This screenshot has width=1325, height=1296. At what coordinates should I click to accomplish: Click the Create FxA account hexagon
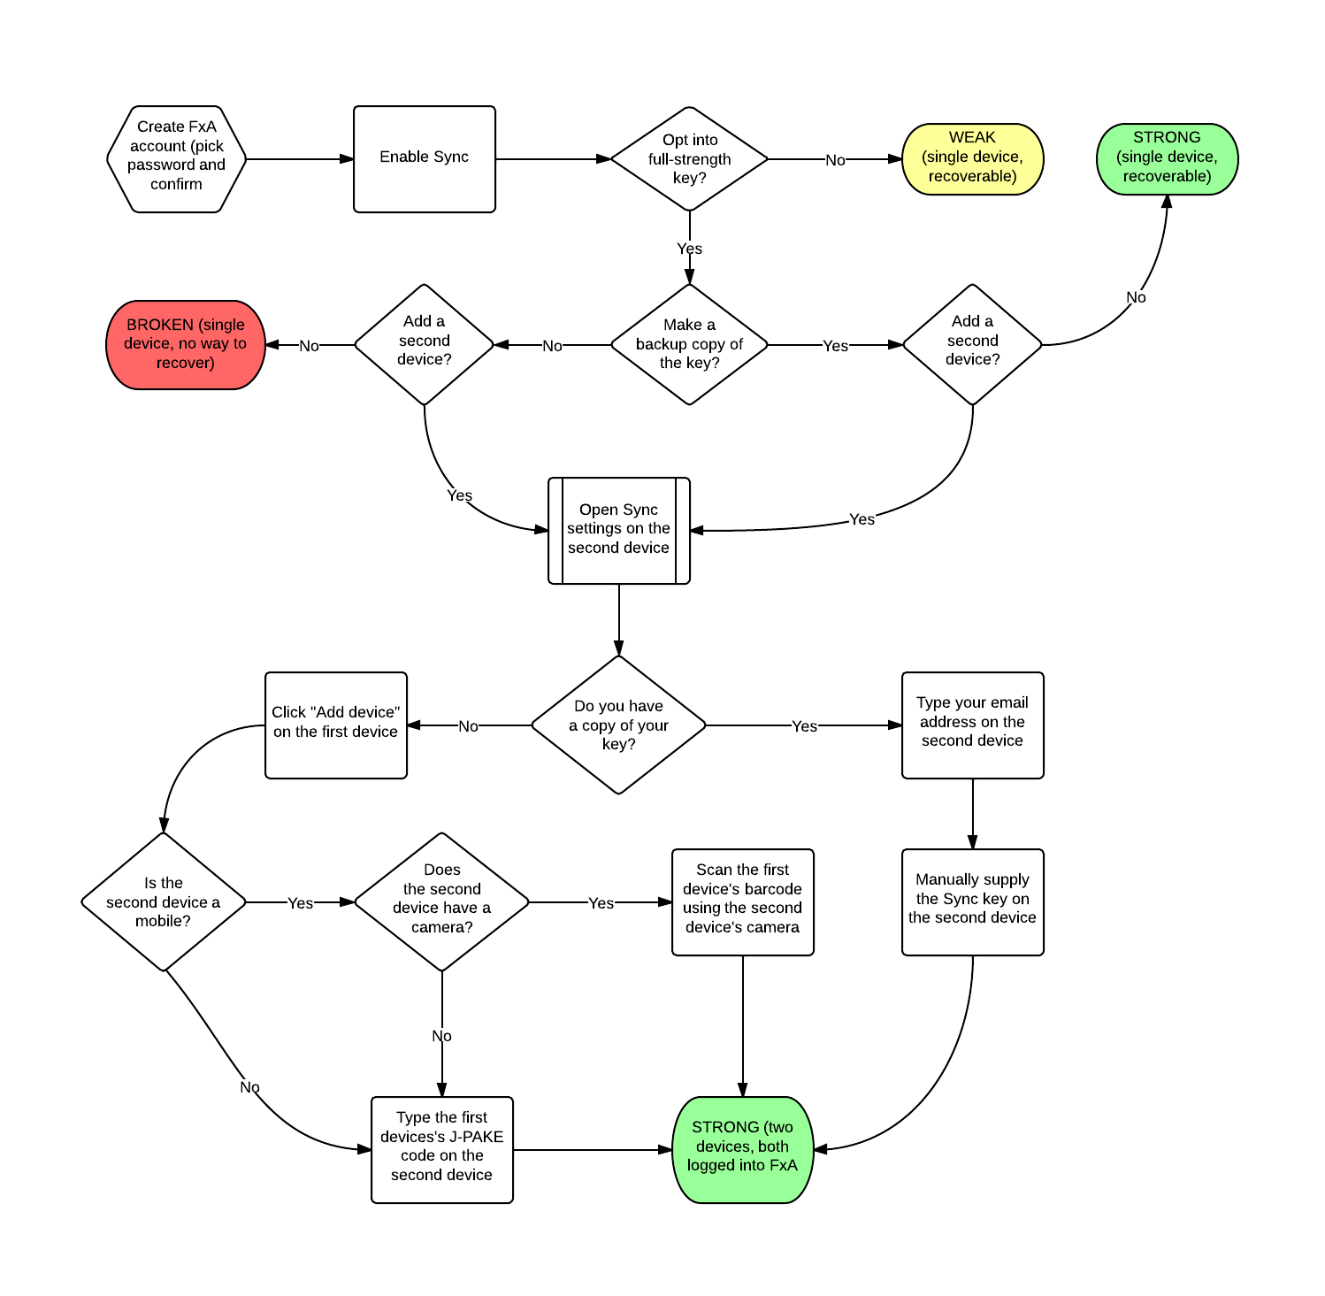[177, 159]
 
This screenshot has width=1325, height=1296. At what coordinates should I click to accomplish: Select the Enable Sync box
[425, 159]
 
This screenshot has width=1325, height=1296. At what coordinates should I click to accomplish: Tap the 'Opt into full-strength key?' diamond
[690, 159]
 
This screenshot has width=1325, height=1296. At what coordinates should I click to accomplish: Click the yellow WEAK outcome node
[973, 159]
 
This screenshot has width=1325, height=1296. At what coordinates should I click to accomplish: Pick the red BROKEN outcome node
[186, 345]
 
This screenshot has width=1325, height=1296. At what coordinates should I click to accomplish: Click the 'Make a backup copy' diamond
[690, 345]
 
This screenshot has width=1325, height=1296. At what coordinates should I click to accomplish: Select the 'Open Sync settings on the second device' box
[619, 531]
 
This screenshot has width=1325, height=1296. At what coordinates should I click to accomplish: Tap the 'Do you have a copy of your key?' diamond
[619, 725]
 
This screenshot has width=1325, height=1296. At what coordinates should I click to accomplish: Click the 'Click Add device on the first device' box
[336, 725]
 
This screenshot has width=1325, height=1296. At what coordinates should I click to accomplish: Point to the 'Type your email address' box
[973, 725]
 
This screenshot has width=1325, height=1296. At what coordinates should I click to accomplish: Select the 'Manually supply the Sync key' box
[973, 902]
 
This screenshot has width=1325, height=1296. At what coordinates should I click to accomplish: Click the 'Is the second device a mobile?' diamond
[164, 902]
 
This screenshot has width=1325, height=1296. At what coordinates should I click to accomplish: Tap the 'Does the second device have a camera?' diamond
[442, 902]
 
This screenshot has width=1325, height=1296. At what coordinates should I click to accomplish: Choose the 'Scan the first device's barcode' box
[743, 902]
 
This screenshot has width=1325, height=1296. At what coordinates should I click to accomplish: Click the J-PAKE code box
[442, 1150]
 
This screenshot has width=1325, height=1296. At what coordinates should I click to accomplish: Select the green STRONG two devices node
[743, 1150]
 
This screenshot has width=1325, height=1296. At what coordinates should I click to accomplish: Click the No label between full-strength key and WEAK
[835, 160]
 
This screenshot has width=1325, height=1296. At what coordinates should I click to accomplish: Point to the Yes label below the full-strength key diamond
[690, 249]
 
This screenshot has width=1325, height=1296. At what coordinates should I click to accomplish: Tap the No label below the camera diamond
[442, 1036]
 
